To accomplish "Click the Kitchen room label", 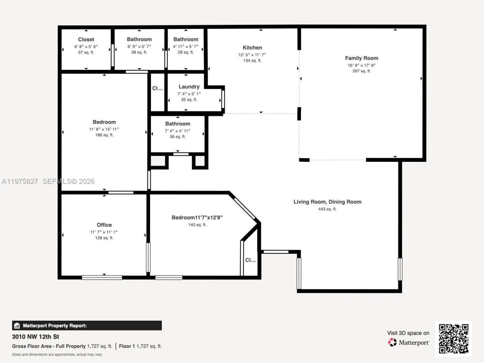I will point(252,48).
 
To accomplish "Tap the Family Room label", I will point(361,58).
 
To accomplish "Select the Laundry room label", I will point(189,87).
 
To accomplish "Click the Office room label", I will point(104,225).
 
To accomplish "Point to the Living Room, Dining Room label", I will point(327,202).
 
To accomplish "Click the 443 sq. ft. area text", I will point(327,209).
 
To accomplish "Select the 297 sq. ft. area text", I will point(361,71).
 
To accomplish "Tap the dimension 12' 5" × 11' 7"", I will point(252,55).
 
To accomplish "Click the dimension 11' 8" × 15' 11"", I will point(104,129).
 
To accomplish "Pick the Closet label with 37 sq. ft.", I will point(86,39).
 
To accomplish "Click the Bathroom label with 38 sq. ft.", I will point(139,39).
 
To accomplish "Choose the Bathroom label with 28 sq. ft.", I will point(186,39).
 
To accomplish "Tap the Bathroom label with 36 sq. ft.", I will point(177,124).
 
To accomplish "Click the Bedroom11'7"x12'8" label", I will point(197,217).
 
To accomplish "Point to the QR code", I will point(453,338).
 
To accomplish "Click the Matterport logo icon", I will point(392,343).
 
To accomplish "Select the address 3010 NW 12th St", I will point(36,337).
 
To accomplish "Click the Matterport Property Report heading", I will point(54,326).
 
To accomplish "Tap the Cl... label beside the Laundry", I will point(157,88).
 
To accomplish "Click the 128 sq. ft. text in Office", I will point(104,238).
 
